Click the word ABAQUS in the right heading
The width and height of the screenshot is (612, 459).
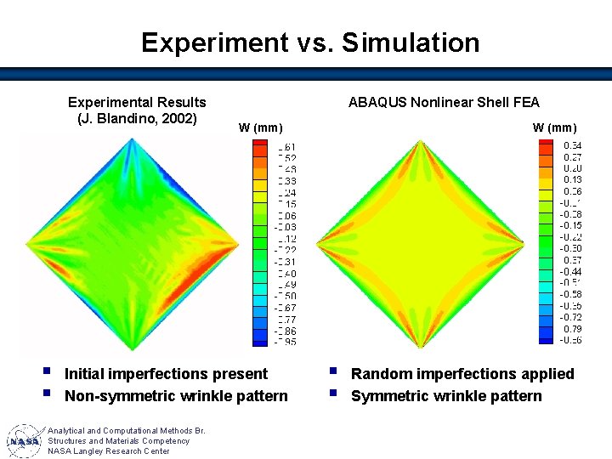click(378, 102)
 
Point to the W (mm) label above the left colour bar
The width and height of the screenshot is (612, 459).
click(260, 128)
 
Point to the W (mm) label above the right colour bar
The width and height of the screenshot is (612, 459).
click(554, 128)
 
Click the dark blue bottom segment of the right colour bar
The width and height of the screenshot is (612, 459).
click(544, 339)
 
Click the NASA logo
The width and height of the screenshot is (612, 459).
click(24, 442)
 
